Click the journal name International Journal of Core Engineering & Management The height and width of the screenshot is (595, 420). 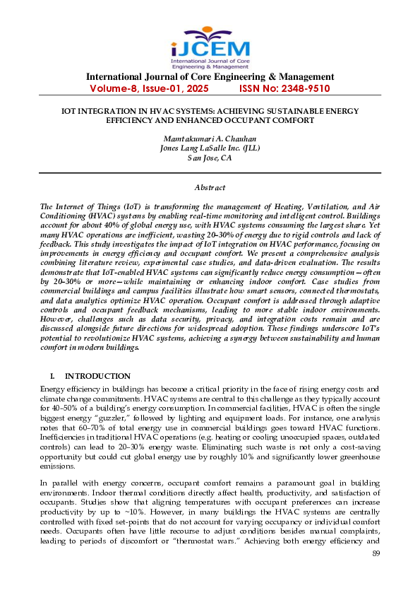tap(210, 77)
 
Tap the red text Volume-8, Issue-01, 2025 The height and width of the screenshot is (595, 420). tap(149, 89)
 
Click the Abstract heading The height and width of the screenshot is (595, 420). tap(210, 187)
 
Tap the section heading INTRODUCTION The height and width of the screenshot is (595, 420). tap(97, 376)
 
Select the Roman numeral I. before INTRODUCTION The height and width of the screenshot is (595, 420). tap(52, 376)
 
